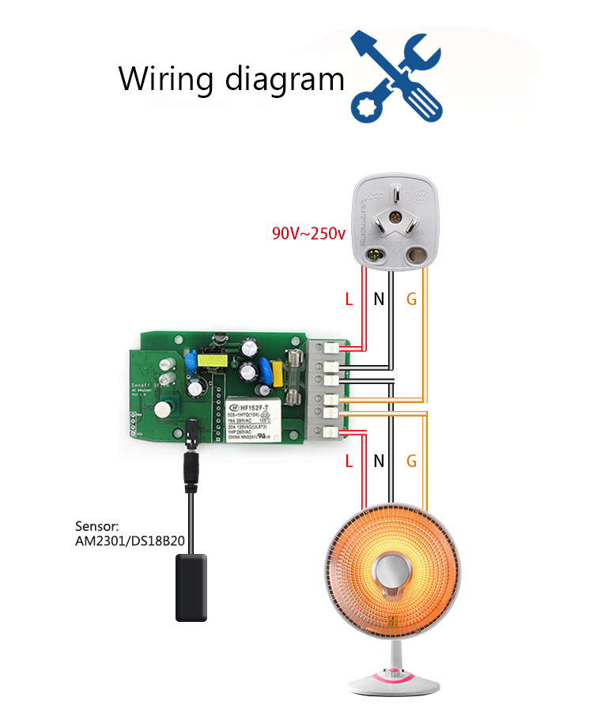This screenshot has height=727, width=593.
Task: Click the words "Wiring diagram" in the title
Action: [x=232, y=80]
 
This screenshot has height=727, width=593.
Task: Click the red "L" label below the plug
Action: [x=349, y=299]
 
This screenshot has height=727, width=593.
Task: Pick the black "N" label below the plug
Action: [x=379, y=299]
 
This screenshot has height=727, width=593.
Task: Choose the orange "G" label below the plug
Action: [x=410, y=299]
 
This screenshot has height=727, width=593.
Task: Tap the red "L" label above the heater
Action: [x=349, y=461]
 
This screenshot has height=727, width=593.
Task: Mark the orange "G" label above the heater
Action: [x=410, y=461]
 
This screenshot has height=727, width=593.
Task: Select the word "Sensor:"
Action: [x=97, y=526]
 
